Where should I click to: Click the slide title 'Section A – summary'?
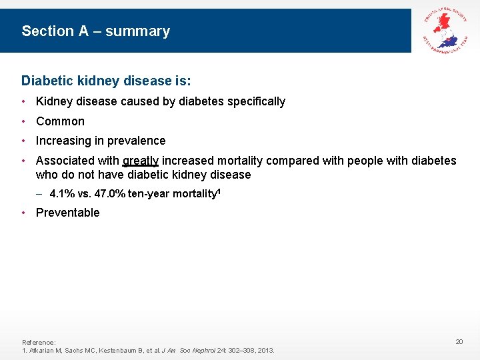pos(95,31)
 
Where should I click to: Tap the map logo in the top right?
pos(445,30)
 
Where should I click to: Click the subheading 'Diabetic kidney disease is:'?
pos(106,81)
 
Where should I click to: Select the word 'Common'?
pos(60,121)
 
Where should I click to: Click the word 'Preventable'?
pos(67,213)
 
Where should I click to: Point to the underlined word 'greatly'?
pos(140,161)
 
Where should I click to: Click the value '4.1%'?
pos(61,194)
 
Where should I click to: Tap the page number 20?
pos(459,342)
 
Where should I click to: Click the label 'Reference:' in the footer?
pos(39,342)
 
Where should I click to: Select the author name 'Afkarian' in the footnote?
pos(41,351)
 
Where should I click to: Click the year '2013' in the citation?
pos(265,351)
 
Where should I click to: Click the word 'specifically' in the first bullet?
pos(256,101)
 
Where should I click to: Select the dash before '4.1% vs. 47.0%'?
pos(40,194)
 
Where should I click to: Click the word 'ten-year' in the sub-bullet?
pos(148,194)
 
